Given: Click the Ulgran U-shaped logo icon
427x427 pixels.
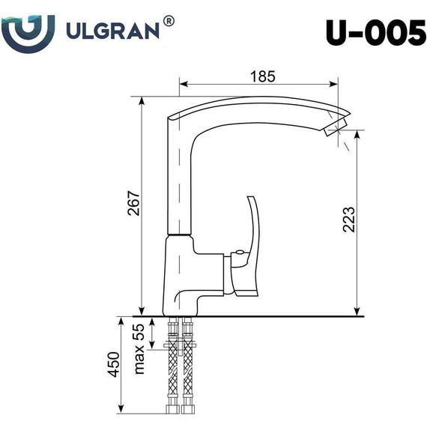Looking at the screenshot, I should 28,29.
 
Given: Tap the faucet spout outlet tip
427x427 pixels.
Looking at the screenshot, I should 337,130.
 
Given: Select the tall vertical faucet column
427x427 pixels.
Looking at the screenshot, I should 178,180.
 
